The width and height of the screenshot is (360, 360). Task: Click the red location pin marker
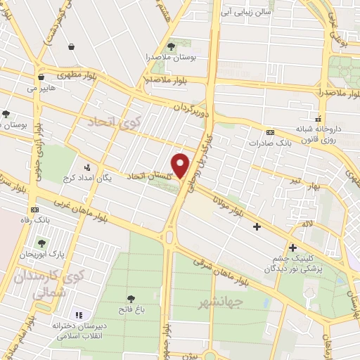181,165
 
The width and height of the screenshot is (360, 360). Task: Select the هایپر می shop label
41,89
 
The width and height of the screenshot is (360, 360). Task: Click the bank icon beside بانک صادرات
270,132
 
